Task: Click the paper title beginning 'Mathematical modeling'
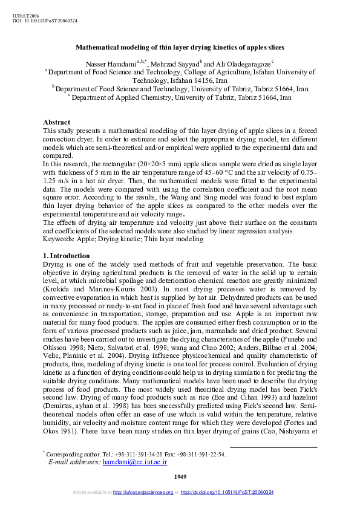pyautogui.click(x=180, y=47)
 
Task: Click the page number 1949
pyautogui.click(x=180, y=477)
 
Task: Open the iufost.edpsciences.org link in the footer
pyautogui.click(x=143, y=493)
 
